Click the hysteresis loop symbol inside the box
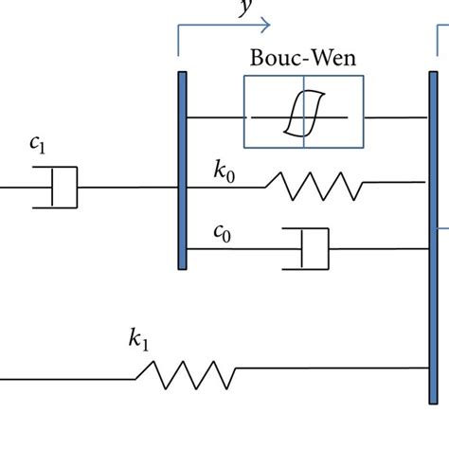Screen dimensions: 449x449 (x=303, y=118)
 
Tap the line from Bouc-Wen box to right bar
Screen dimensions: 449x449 (x=394, y=118)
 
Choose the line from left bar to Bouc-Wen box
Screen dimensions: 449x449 (x=216, y=118)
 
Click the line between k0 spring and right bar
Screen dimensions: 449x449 (x=394, y=187)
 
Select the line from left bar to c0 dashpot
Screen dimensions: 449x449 (x=237, y=249)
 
